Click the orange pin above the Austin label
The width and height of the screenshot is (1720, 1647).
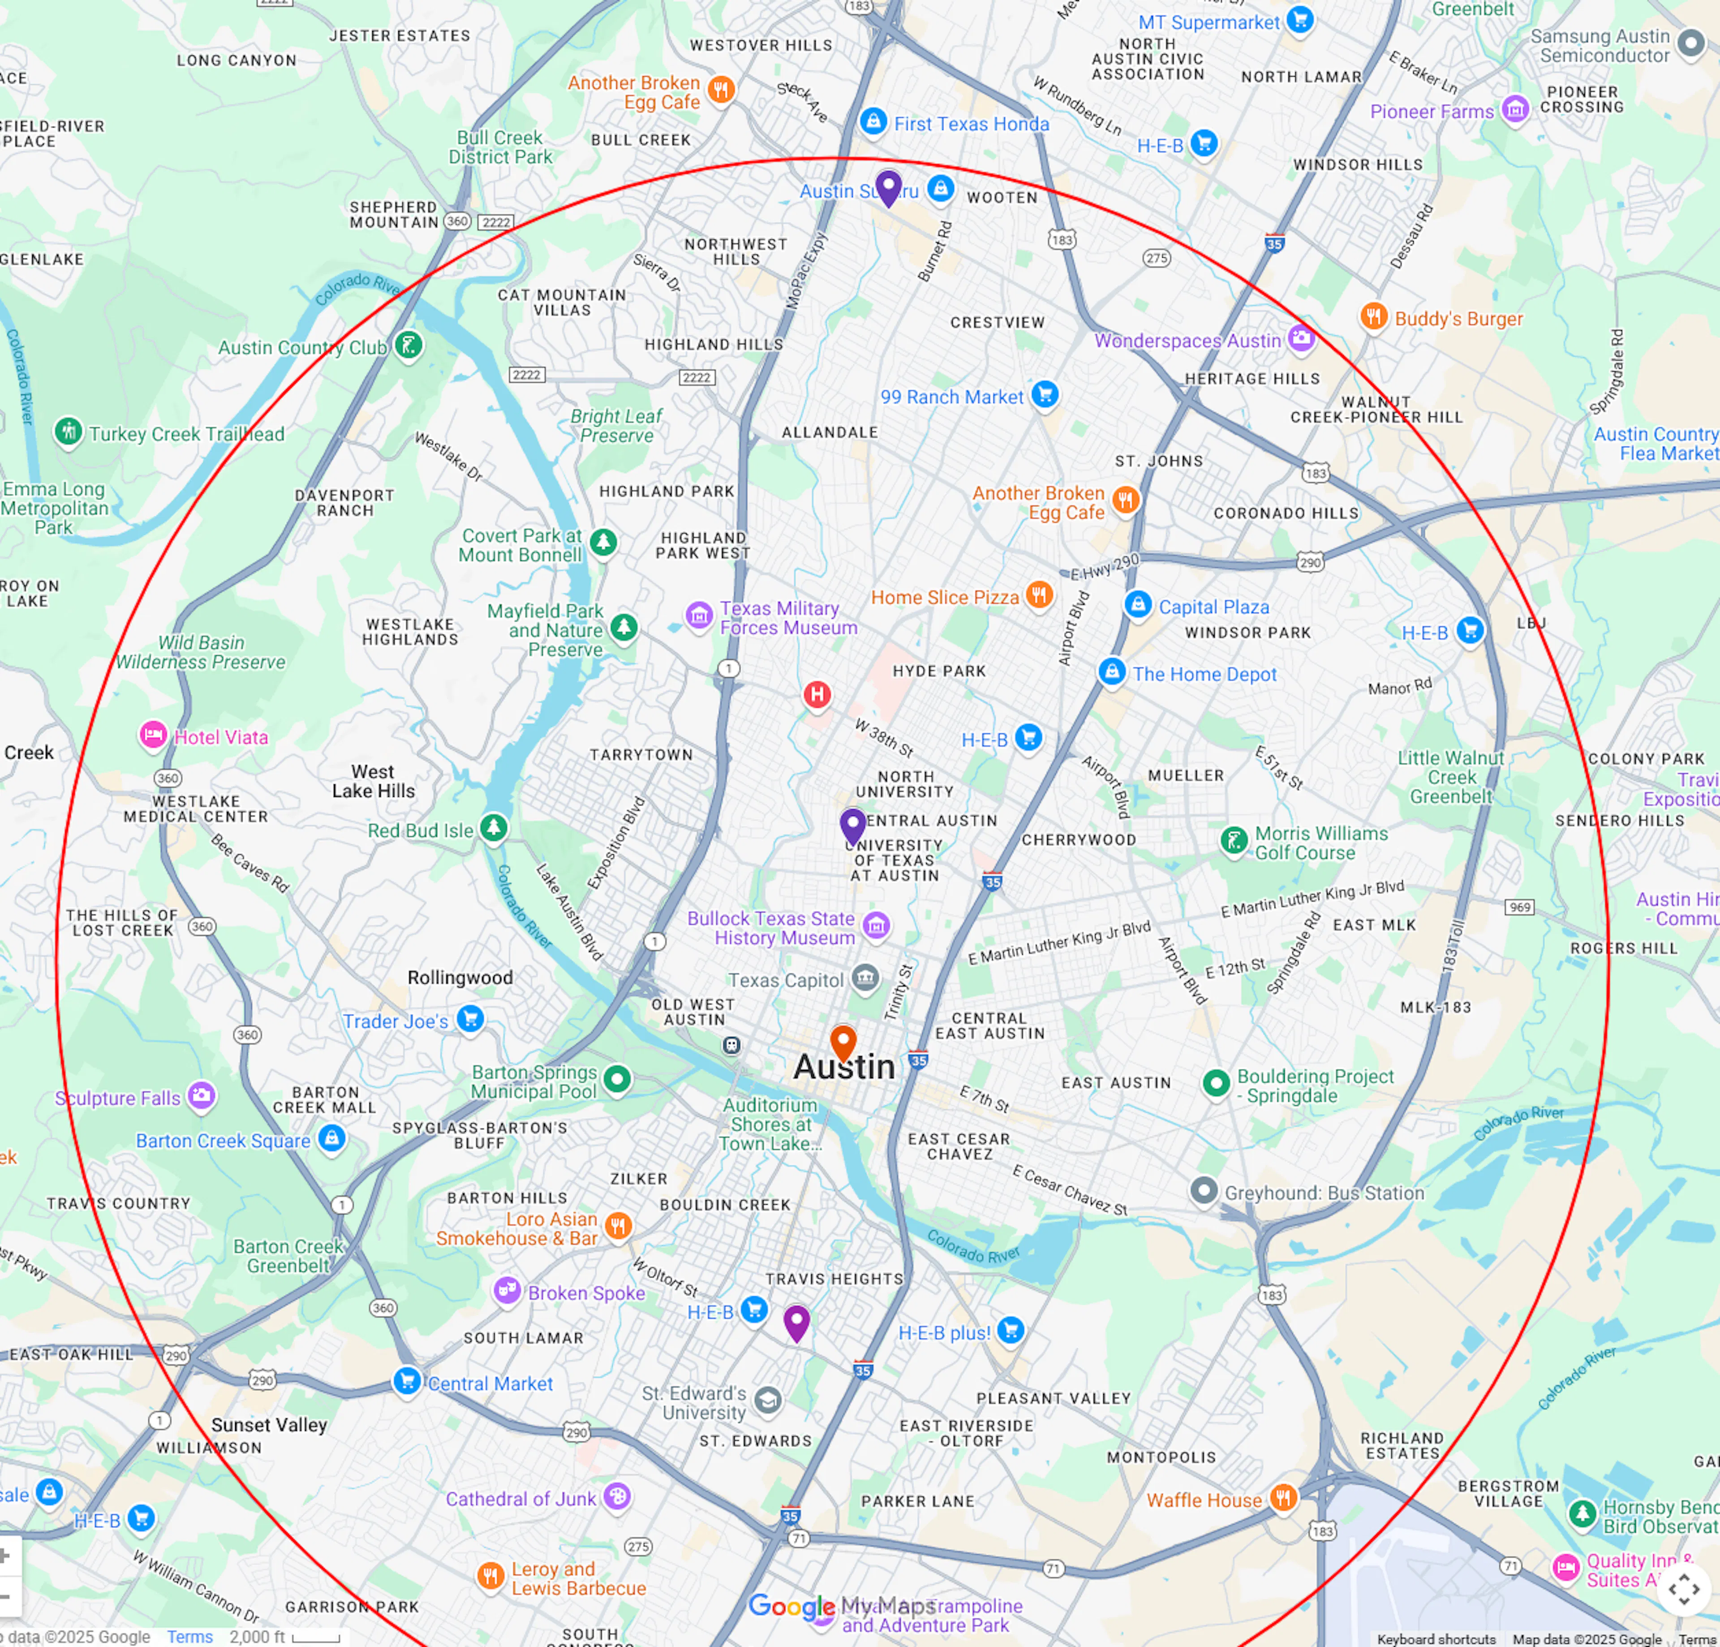[x=843, y=1042]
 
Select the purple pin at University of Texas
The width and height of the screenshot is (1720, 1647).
[x=852, y=825]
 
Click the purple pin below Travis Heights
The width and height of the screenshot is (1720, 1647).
[x=796, y=1321]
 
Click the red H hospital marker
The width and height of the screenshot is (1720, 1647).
[x=817, y=695]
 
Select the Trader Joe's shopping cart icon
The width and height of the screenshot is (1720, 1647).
[x=470, y=1019]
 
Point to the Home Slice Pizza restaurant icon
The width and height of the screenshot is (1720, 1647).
[x=1039, y=595]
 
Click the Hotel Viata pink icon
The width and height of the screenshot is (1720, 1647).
[x=153, y=735]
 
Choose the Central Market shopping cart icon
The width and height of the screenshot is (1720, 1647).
[x=406, y=1381]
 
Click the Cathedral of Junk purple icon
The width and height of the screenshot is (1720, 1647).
[x=617, y=1496]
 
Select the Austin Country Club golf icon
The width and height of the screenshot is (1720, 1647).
[x=408, y=345]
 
